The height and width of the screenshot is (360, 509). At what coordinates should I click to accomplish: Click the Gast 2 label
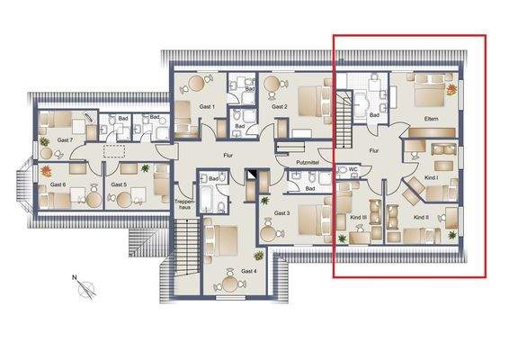point(279,106)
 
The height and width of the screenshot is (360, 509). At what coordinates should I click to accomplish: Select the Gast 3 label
point(281,212)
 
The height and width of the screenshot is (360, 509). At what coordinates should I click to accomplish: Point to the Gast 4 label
point(249,270)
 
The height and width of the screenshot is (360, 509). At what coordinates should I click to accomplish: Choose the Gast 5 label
point(119,184)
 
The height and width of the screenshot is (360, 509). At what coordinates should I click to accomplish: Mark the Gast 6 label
point(58,184)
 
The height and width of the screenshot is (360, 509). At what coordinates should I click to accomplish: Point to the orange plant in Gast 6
point(47,167)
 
